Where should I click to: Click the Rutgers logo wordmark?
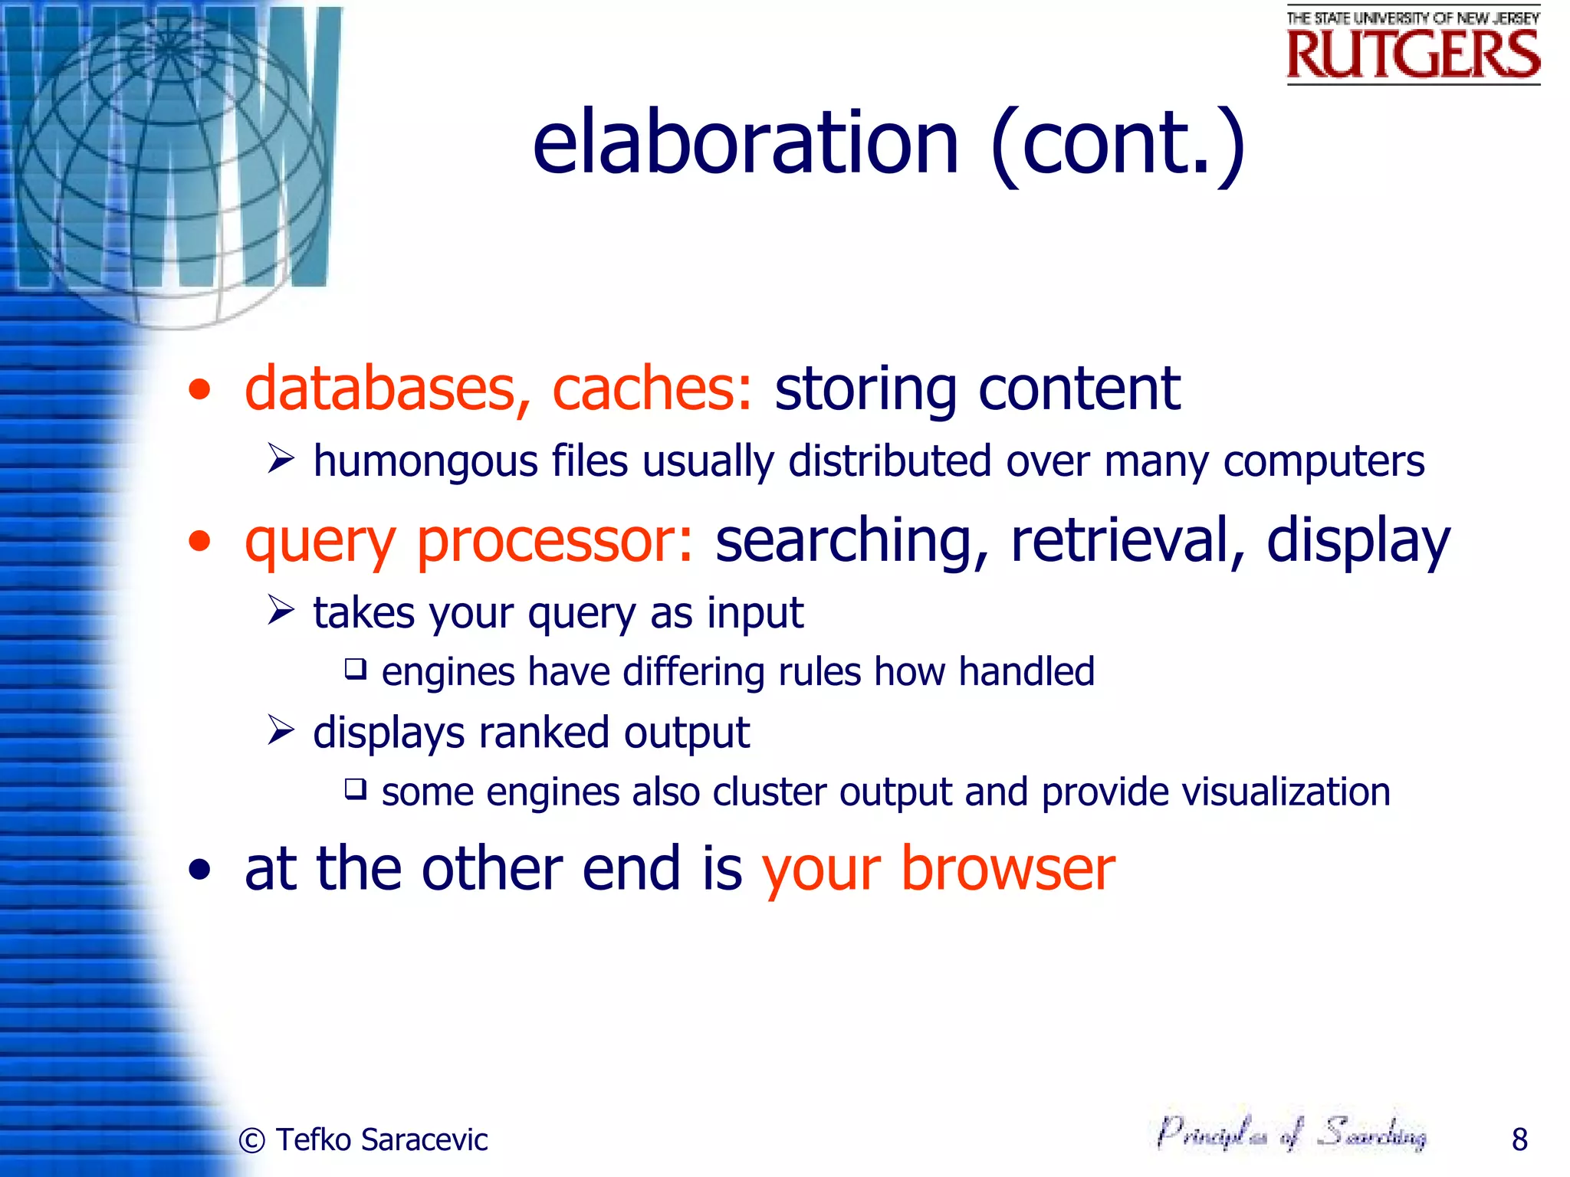click(1413, 54)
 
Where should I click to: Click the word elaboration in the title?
click(745, 143)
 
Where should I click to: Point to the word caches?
click(652, 389)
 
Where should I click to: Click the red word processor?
click(555, 540)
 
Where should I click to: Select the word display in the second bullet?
click(1358, 542)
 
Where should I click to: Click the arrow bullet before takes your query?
click(281, 611)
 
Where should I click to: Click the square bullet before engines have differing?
click(355, 669)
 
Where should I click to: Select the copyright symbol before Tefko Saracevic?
click(252, 1140)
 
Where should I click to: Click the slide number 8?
click(1519, 1139)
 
